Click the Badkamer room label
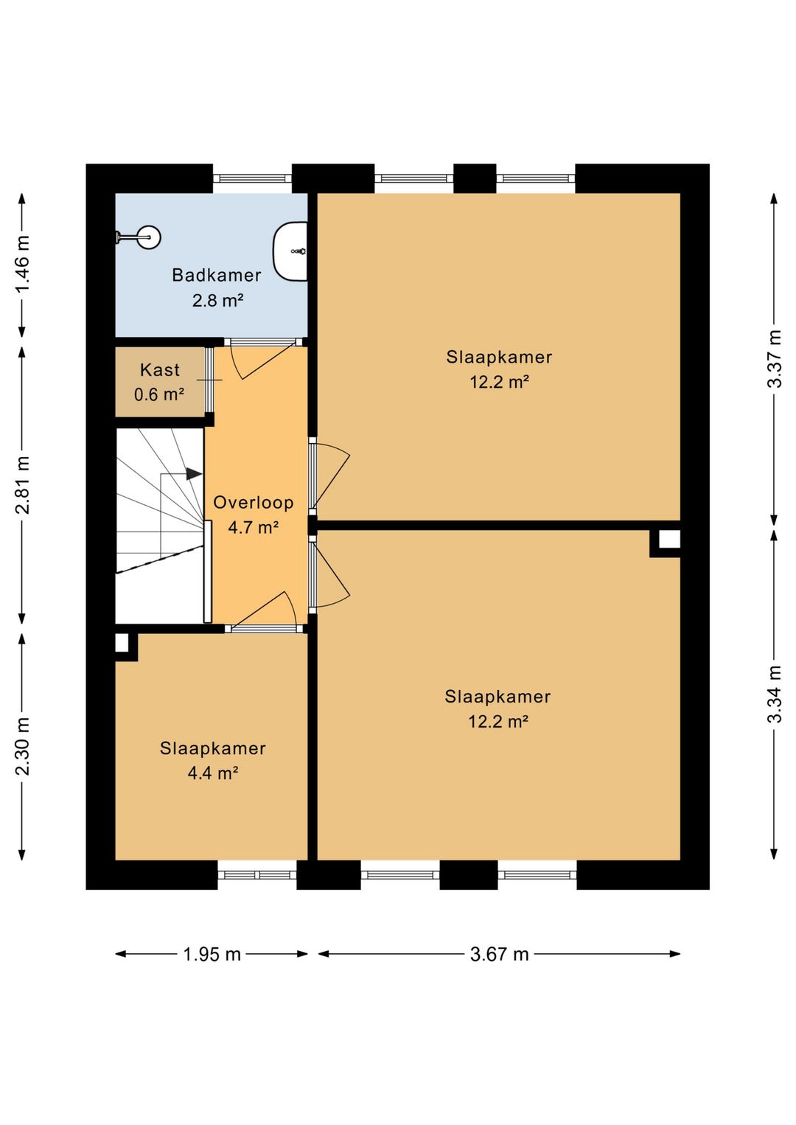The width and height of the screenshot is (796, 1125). click(x=217, y=275)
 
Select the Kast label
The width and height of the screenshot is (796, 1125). click(x=160, y=370)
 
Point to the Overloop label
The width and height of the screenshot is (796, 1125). click(x=254, y=503)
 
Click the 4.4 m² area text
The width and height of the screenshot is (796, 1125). click(x=212, y=773)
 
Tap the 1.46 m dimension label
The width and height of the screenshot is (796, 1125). click(x=23, y=264)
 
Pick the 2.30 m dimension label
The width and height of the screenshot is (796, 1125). click(x=23, y=747)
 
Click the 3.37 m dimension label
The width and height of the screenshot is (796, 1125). click(x=775, y=358)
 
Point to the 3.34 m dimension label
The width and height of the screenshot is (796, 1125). click(x=775, y=694)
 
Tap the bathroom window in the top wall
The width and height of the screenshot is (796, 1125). click(x=252, y=178)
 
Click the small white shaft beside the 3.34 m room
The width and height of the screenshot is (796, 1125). click(x=669, y=540)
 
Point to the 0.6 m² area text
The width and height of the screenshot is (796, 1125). click(x=158, y=394)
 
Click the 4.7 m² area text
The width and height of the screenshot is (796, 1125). click(x=253, y=528)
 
